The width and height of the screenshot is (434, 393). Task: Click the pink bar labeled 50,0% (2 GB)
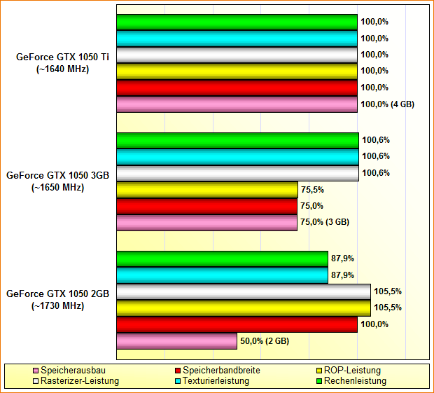click(x=176, y=341)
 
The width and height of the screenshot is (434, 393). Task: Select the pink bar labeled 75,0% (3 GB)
click(x=206, y=223)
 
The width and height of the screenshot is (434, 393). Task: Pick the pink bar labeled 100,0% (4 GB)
click(x=237, y=104)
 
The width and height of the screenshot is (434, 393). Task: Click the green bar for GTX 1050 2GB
click(x=222, y=259)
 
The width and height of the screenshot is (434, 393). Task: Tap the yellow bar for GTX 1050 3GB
click(x=207, y=189)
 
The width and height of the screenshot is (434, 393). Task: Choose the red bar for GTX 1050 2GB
click(x=237, y=324)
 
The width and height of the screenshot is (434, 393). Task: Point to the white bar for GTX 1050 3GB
click(x=237, y=173)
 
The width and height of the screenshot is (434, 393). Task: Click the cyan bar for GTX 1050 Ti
click(x=237, y=39)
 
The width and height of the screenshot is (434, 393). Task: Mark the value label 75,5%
click(x=311, y=189)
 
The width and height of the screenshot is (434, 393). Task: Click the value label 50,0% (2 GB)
click(x=265, y=341)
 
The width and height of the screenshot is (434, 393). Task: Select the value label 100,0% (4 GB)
click(x=387, y=104)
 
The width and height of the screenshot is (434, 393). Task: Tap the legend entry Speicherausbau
click(x=70, y=370)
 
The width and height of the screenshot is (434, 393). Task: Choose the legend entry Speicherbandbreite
click(x=218, y=370)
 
